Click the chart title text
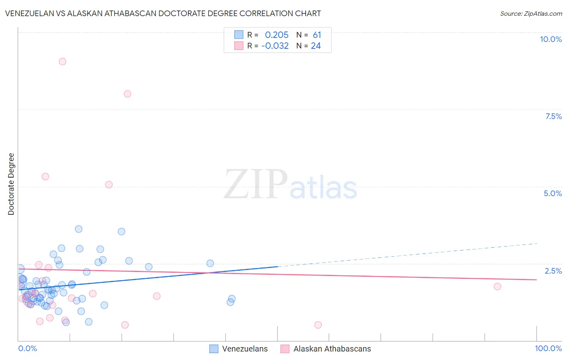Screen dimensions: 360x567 pyautogui.click(x=163, y=13)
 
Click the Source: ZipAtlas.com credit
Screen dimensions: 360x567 pyautogui.click(x=531, y=14)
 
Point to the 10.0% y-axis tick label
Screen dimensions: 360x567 pyautogui.click(x=550, y=39)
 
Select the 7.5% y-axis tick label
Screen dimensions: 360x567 pyautogui.click(x=553, y=116)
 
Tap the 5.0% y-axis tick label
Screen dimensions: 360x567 pyautogui.click(x=552, y=193)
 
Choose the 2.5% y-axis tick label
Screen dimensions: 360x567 pyautogui.click(x=553, y=271)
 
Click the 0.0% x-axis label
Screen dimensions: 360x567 pyautogui.click(x=27, y=348)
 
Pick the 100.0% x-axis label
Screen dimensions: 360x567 pyautogui.click(x=548, y=348)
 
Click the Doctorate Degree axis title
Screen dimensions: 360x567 pyautogui.click(x=11, y=184)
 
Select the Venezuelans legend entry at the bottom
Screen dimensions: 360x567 pyautogui.click(x=239, y=349)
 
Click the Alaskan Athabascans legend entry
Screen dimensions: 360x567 pyautogui.click(x=326, y=349)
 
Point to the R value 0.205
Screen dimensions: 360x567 pyautogui.click(x=277, y=35)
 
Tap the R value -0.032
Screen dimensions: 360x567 pyautogui.click(x=275, y=46)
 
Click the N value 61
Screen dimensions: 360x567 pyautogui.click(x=317, y=35)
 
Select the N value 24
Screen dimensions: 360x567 pyautogui.click(x=316, y=46)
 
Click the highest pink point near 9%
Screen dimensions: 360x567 pyautogui.click(x=62, y=62)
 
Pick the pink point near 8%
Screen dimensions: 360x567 pyautogui.click(x=127, y=94)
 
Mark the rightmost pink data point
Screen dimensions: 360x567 pyautogui.click(x=497, y=287)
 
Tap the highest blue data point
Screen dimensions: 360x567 pyautogui.click(x=79, y=229)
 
